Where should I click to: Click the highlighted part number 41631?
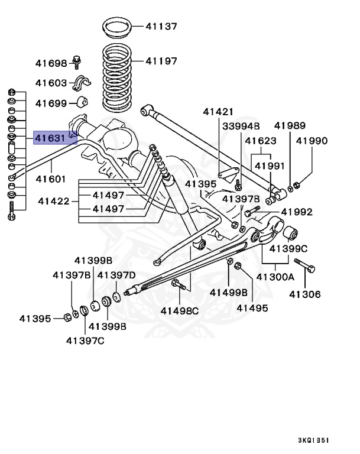pyautogui.click(x=50, y=138)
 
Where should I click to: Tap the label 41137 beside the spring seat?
pyautogui.click(x=161, y=27)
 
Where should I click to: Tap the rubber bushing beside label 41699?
pyautogui.click(x=81, y=103)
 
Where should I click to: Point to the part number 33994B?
pyautogui.click(x=241, y=127)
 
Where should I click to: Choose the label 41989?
pyautogui.click(x=290, y=125)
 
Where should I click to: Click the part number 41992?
pyautogui.click(x=297, y=212)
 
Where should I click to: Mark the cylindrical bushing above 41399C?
pyautogui.click(x=290, y=235)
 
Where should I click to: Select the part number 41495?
pyautogui.click(x=252, y=307)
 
